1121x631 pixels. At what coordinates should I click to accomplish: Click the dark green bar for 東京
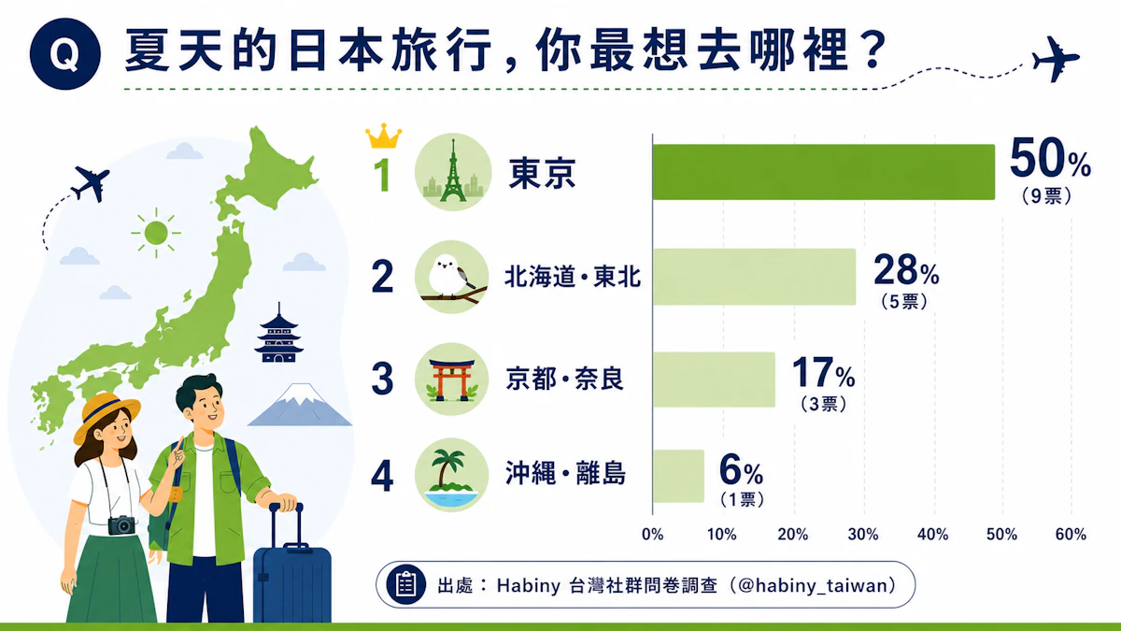(x=824, y=172)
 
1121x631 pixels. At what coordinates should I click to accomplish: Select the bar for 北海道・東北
(x=754, y=277)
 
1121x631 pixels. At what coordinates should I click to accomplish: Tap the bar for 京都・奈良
(x=714, y=380)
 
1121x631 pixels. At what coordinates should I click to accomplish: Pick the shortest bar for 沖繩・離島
(x=678, y=476)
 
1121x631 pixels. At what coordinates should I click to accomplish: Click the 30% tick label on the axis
(x=863, y=535)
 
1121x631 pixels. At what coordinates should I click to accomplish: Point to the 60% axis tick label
(x=1071, y=535)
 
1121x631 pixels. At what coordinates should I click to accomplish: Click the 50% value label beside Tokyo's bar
(x=1050, y=159)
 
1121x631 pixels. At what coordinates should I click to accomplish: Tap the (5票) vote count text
(x=904, y=301)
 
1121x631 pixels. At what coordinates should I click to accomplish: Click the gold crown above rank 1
(x=383, y=136)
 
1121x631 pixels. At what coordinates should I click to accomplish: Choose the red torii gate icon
(x=451, y=380)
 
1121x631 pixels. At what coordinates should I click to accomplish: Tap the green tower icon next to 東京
(x=453, y=172)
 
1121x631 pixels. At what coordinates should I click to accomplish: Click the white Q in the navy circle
(x=64, y=54)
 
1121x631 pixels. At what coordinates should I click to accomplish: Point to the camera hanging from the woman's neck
(x=121, y=524)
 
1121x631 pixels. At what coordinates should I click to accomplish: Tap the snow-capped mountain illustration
(x=300, y=405)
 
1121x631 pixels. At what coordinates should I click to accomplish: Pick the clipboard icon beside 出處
(x=405, y=584)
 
